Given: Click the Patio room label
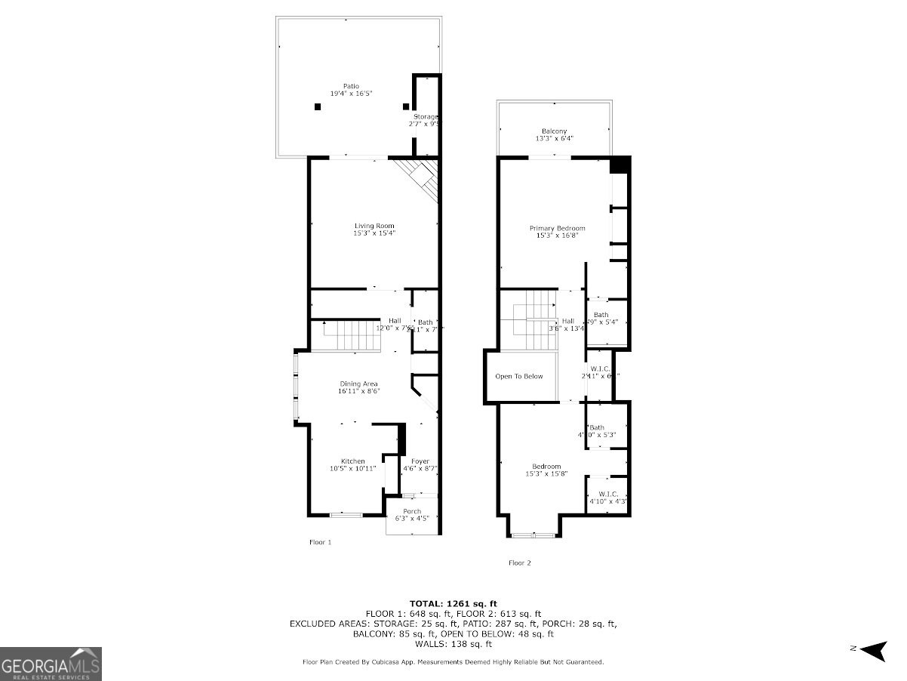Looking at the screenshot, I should [x=351, y=90].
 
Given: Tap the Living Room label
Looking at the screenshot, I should [x=374, y=230].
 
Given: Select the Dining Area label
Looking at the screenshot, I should [x=358, y=387].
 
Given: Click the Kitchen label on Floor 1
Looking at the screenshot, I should [x=352, y=465].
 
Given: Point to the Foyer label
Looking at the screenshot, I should [x=420, y=465].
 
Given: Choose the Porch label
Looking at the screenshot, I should [x=412, y=516].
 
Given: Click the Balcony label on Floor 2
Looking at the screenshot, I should [x=554, y=135].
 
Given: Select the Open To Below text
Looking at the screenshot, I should [x=518, y=376].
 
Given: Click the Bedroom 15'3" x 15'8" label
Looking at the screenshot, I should [x=546, y=470].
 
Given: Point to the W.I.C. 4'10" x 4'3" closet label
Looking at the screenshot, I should [x=607, y=498].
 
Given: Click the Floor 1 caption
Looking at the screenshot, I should [x=320, y=542].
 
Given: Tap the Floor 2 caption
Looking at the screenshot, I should [x=519, y=562].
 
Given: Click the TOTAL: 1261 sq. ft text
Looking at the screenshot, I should [x=453, y=603].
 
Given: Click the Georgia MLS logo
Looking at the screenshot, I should [x=51, y=664].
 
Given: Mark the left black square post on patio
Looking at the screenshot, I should [x=318, y=107].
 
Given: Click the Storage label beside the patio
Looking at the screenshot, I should [x=424, y=120].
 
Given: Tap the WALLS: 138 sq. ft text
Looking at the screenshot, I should [x=453, y=644].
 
